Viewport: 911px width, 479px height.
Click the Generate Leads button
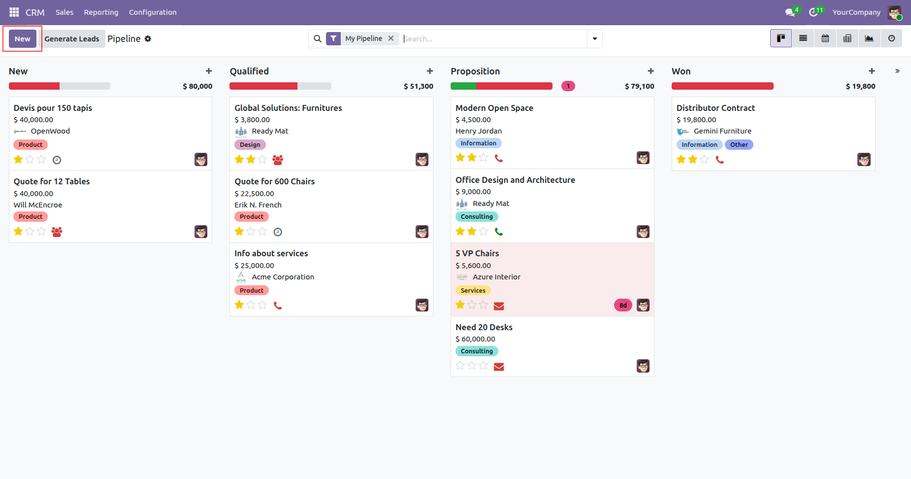coord(72,39)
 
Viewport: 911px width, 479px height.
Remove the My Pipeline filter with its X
coord(391,38)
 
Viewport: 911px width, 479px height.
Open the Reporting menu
coord(101,12)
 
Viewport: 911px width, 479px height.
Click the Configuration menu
coord(153,12)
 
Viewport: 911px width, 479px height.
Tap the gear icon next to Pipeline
coord(148,38)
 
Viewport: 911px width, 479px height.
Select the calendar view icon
coord(825,38)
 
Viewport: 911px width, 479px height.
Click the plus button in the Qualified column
coord(430,71)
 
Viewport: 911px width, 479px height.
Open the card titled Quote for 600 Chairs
coord(274,181)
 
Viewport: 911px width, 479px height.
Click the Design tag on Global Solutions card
coord(250,145)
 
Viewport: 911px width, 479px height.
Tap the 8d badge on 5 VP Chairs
coord(623,305)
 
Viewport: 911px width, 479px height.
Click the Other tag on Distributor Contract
coord(739,145)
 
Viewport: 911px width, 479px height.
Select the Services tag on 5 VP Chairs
coord(473,291)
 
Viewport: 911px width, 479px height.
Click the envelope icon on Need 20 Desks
coord(499,367)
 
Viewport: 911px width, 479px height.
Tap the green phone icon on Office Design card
coord(499,232)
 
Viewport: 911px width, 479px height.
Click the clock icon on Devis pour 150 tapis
coord(57,160)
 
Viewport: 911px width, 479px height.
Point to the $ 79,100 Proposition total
coord(640,86)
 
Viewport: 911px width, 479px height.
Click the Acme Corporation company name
coord(283,277)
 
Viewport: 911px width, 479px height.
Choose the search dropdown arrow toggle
coord(595,38)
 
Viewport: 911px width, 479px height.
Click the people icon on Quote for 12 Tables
coord(57,232)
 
